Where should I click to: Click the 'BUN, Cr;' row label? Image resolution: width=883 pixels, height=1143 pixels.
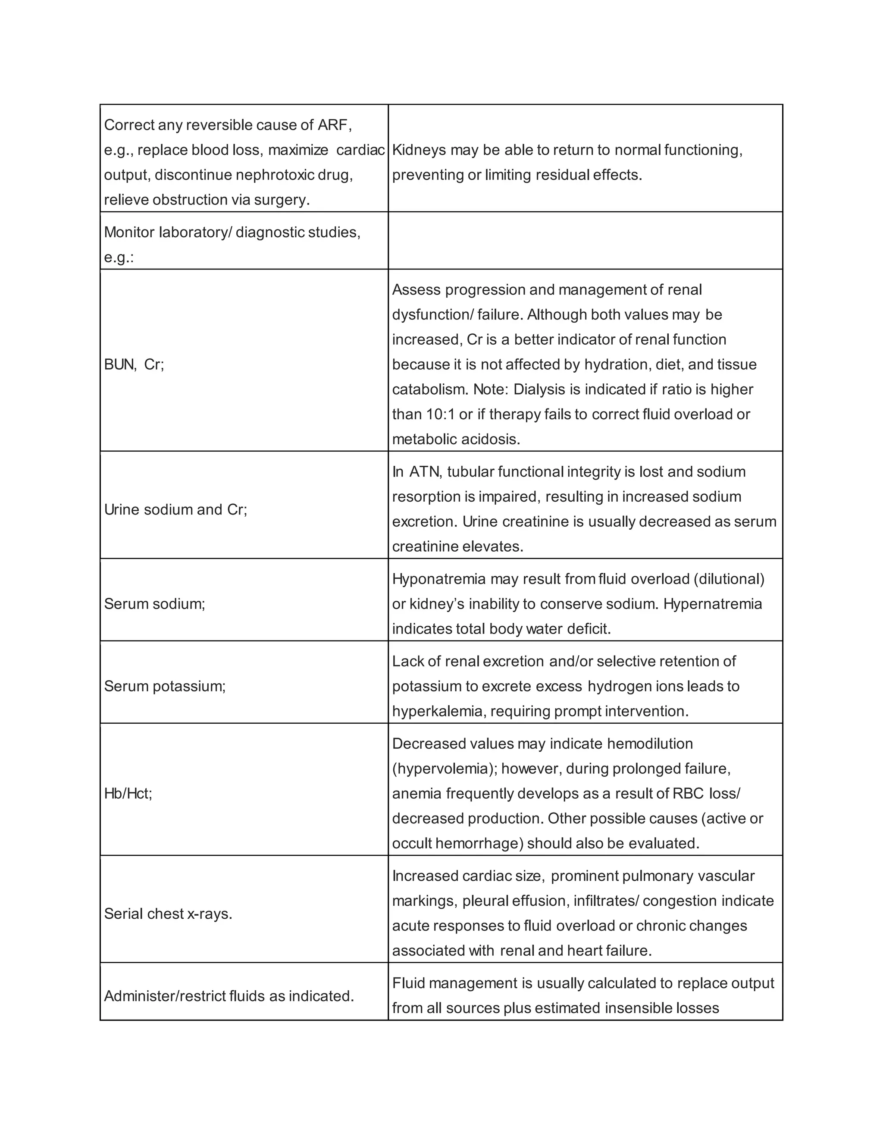[x=134, y=364]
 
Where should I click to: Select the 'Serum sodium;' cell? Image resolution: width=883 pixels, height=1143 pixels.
[x=155, y=603]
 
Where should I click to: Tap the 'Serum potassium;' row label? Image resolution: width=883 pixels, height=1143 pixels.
[x=165, y=686]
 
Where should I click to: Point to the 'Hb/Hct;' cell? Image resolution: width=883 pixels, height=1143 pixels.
[x=128, y=793]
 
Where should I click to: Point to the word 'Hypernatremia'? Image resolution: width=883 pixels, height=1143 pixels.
[x=712, y=603]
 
